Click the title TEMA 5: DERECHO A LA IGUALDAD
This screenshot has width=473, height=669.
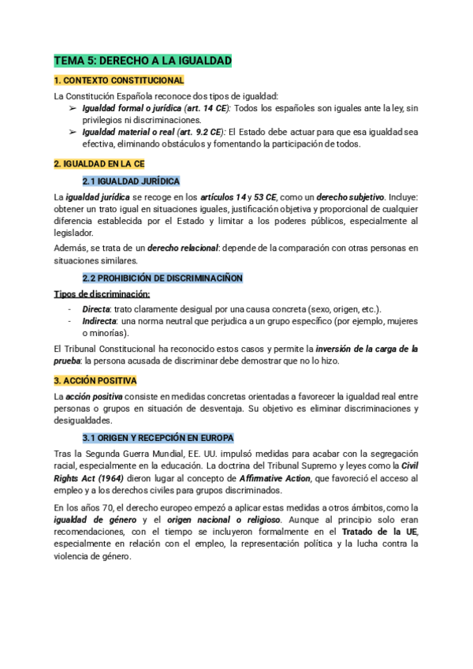142,61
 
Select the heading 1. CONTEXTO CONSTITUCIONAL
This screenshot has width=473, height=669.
118,80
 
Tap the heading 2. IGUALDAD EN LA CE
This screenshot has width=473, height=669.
99,163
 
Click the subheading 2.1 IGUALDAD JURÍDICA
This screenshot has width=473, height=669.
131,181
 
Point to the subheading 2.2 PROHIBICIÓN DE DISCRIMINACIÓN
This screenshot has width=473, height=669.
162,278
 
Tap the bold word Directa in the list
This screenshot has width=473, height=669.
97,308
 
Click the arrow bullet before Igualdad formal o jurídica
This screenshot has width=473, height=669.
73,107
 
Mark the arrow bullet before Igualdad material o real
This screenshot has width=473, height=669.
73,132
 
